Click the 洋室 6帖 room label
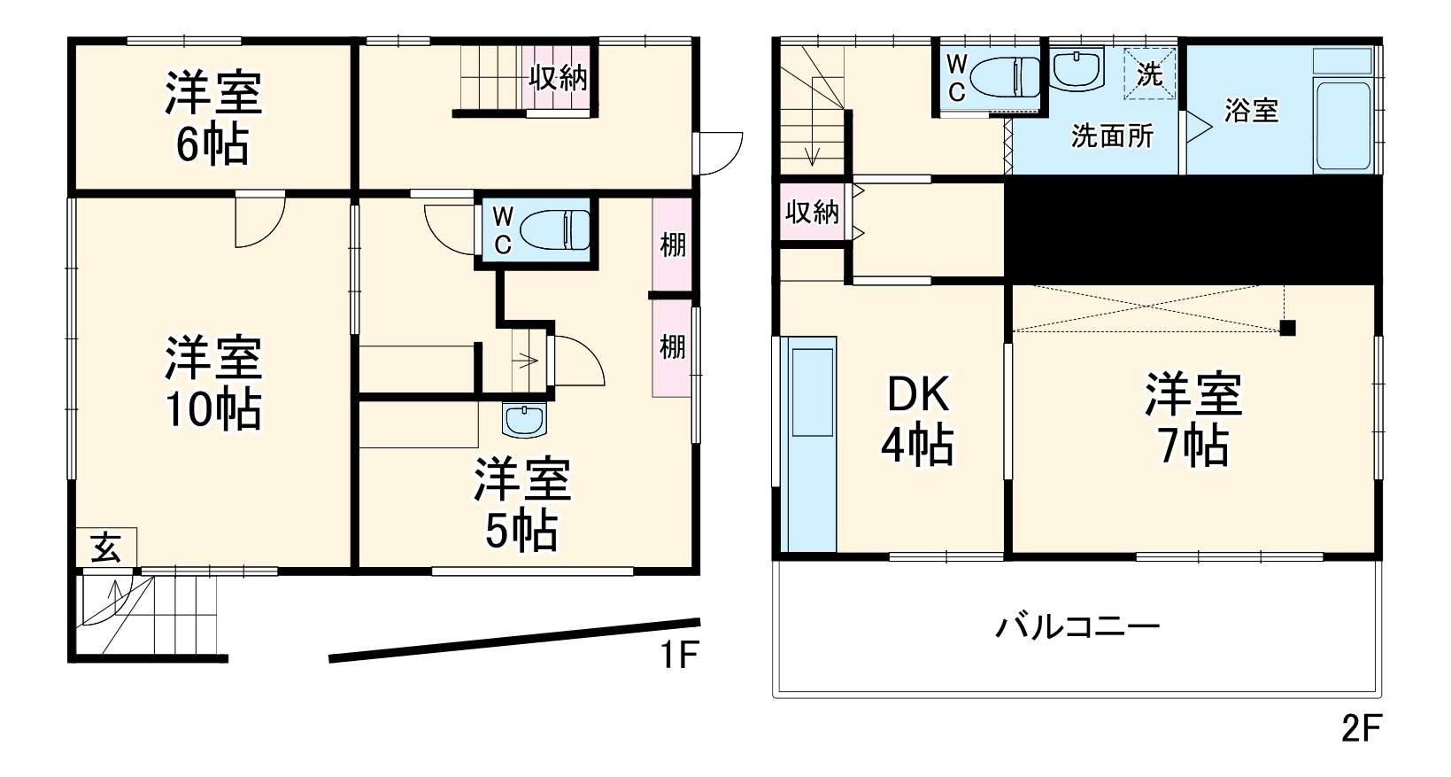pyautogui.click(x=213, y=119)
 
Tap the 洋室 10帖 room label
pyautogui.click(x=213, y=383)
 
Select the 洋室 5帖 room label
pyautogui.click(x=521, y=505)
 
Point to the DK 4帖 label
pyautogui.click(x=917, y=420)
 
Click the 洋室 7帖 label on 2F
pyautogui.click(x=1193, y=420)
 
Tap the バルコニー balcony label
pyautogui.click(x=1077, y=629)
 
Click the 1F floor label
pyautogui.click(x=679, y=656)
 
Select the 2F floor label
pyautogui.click(x=1361, y=728)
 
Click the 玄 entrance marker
pyautogui.click(x=106, y=548)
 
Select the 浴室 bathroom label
pyautogui.click(x=1251, y=112)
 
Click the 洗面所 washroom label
pyautogui.click(x=1112, y=136)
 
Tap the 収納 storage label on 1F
pyautogui.click(x=558, y=78)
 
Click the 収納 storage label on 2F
pyautogui.click(x=811, y=212)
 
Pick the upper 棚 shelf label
pyautogui.click(x=673, y=245)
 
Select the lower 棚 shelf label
pyautogui.click(x=673, y=346)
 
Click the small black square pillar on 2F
pyautogui.click(x=1287, y=328)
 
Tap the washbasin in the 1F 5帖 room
pyautogui.click(x=525, y=419)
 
